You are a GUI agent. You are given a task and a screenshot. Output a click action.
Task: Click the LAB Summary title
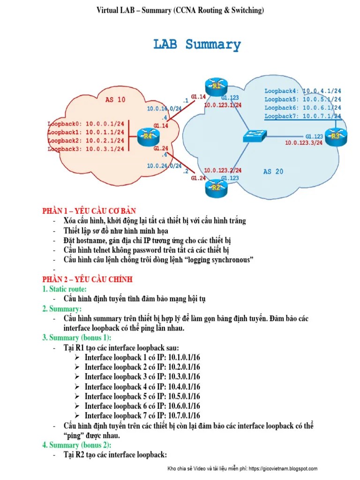click(x=197, y=45)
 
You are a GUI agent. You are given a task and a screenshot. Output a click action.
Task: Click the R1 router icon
click(x=216, y=86)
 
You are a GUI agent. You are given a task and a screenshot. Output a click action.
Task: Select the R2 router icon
click(x=216, y=187)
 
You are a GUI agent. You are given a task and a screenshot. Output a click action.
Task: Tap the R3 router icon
click(x=335, y=136)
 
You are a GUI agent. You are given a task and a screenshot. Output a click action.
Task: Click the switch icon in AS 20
click(x=255, y=136)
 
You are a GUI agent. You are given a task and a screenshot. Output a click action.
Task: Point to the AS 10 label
click(x=115, y=100)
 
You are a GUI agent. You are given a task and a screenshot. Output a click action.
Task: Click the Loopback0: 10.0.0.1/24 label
click(x=86, y=124)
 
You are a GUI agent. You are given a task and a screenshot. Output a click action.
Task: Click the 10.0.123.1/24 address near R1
click(x=223, y=105)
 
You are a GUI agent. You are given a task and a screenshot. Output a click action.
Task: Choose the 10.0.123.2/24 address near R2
click(x=223, y=170)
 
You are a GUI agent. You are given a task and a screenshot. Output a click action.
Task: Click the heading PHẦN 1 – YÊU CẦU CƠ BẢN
click(x=89, y=211)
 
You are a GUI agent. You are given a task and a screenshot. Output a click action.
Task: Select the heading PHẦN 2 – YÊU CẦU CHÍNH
click(x=87, y=279)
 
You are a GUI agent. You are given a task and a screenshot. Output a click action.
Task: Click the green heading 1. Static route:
click(x=64, y=289)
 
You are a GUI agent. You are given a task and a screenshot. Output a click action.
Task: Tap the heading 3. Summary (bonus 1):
click(x=77, y=338)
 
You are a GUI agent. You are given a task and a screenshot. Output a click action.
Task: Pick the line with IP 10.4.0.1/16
click(x=142, y=387)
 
